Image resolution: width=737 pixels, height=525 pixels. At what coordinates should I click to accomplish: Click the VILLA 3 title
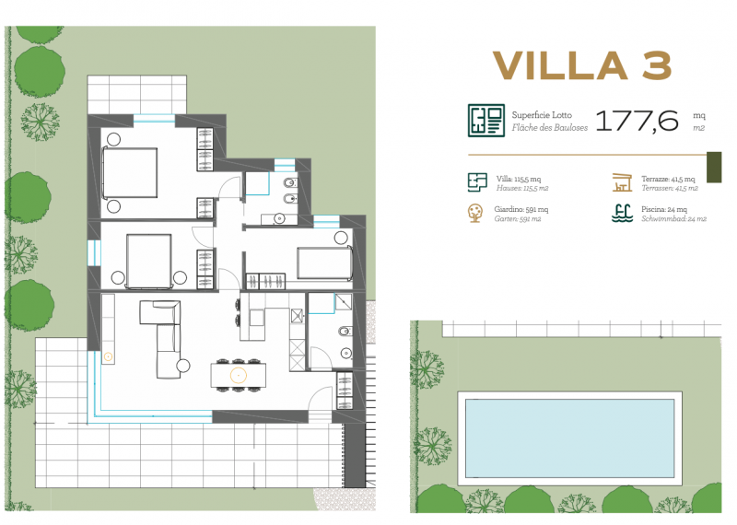[x=582, y=65]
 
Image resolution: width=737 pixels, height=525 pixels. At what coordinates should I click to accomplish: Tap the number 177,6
[x=638, y=121]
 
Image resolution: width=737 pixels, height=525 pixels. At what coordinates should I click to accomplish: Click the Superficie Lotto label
[x=542, y=115]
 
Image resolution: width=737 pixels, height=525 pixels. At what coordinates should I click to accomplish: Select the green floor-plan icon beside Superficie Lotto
[x=486, y=121]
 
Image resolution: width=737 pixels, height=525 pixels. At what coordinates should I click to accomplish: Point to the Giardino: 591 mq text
[x=521, y=209]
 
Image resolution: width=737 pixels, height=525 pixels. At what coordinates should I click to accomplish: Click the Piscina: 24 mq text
[x=663, y=209]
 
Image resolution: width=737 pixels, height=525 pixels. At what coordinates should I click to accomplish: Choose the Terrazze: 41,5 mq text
[x=668, y=179]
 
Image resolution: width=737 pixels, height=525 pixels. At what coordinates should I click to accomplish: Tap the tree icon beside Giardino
[x=475, y=213]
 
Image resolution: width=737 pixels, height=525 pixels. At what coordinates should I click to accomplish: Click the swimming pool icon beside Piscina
[x=622, y=213]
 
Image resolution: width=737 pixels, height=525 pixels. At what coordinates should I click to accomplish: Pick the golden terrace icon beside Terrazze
[x=622, y=182]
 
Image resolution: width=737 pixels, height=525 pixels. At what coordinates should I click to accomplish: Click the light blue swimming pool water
[x=569, y=438]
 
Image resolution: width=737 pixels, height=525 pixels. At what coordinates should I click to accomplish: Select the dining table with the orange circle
[x=239, y=375]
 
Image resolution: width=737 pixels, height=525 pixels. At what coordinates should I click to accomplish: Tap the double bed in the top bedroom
[x=130, y=172]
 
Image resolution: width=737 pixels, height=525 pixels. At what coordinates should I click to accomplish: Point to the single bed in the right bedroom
[x=325, y=262]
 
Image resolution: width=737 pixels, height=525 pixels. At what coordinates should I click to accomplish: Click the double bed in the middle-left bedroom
[x=148, y=262]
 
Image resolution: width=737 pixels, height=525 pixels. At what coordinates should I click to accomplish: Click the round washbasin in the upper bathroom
[x=279, y=218]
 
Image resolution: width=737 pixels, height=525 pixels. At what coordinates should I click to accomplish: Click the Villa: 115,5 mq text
[x=519, y=179]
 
